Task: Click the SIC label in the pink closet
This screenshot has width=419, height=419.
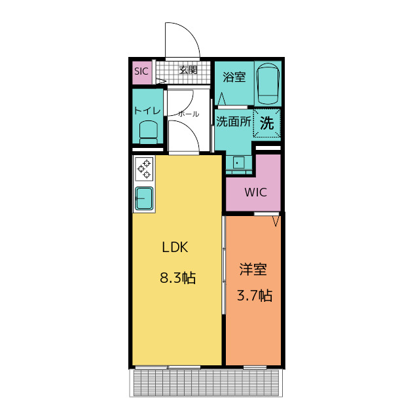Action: point(141,71)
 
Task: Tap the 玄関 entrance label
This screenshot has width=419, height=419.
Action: point(189,70)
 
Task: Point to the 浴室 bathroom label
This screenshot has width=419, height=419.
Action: point(234,77)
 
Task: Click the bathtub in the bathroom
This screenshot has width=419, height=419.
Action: point(268,83)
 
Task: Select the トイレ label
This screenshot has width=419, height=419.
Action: point(147,111)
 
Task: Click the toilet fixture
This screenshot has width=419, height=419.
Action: point(149,132)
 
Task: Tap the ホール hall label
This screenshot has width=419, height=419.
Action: point(189,114)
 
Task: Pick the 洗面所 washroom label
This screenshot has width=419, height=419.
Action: point(234,122)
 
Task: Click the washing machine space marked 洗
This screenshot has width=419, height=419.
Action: point(267,123)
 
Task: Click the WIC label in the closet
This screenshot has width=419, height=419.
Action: point(256,192)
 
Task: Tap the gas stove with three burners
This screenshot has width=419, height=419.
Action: point(144,169)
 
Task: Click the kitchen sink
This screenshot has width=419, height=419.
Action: point(144,198)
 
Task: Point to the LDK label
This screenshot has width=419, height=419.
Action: point(175,247)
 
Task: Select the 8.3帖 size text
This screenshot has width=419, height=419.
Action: point(178,278)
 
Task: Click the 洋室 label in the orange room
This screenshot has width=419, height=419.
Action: point(253,269)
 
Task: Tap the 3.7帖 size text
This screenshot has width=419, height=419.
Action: point(255,295)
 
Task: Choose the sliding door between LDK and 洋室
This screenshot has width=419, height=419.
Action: point(224,264)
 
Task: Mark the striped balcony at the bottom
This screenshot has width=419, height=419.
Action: point(206,382)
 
